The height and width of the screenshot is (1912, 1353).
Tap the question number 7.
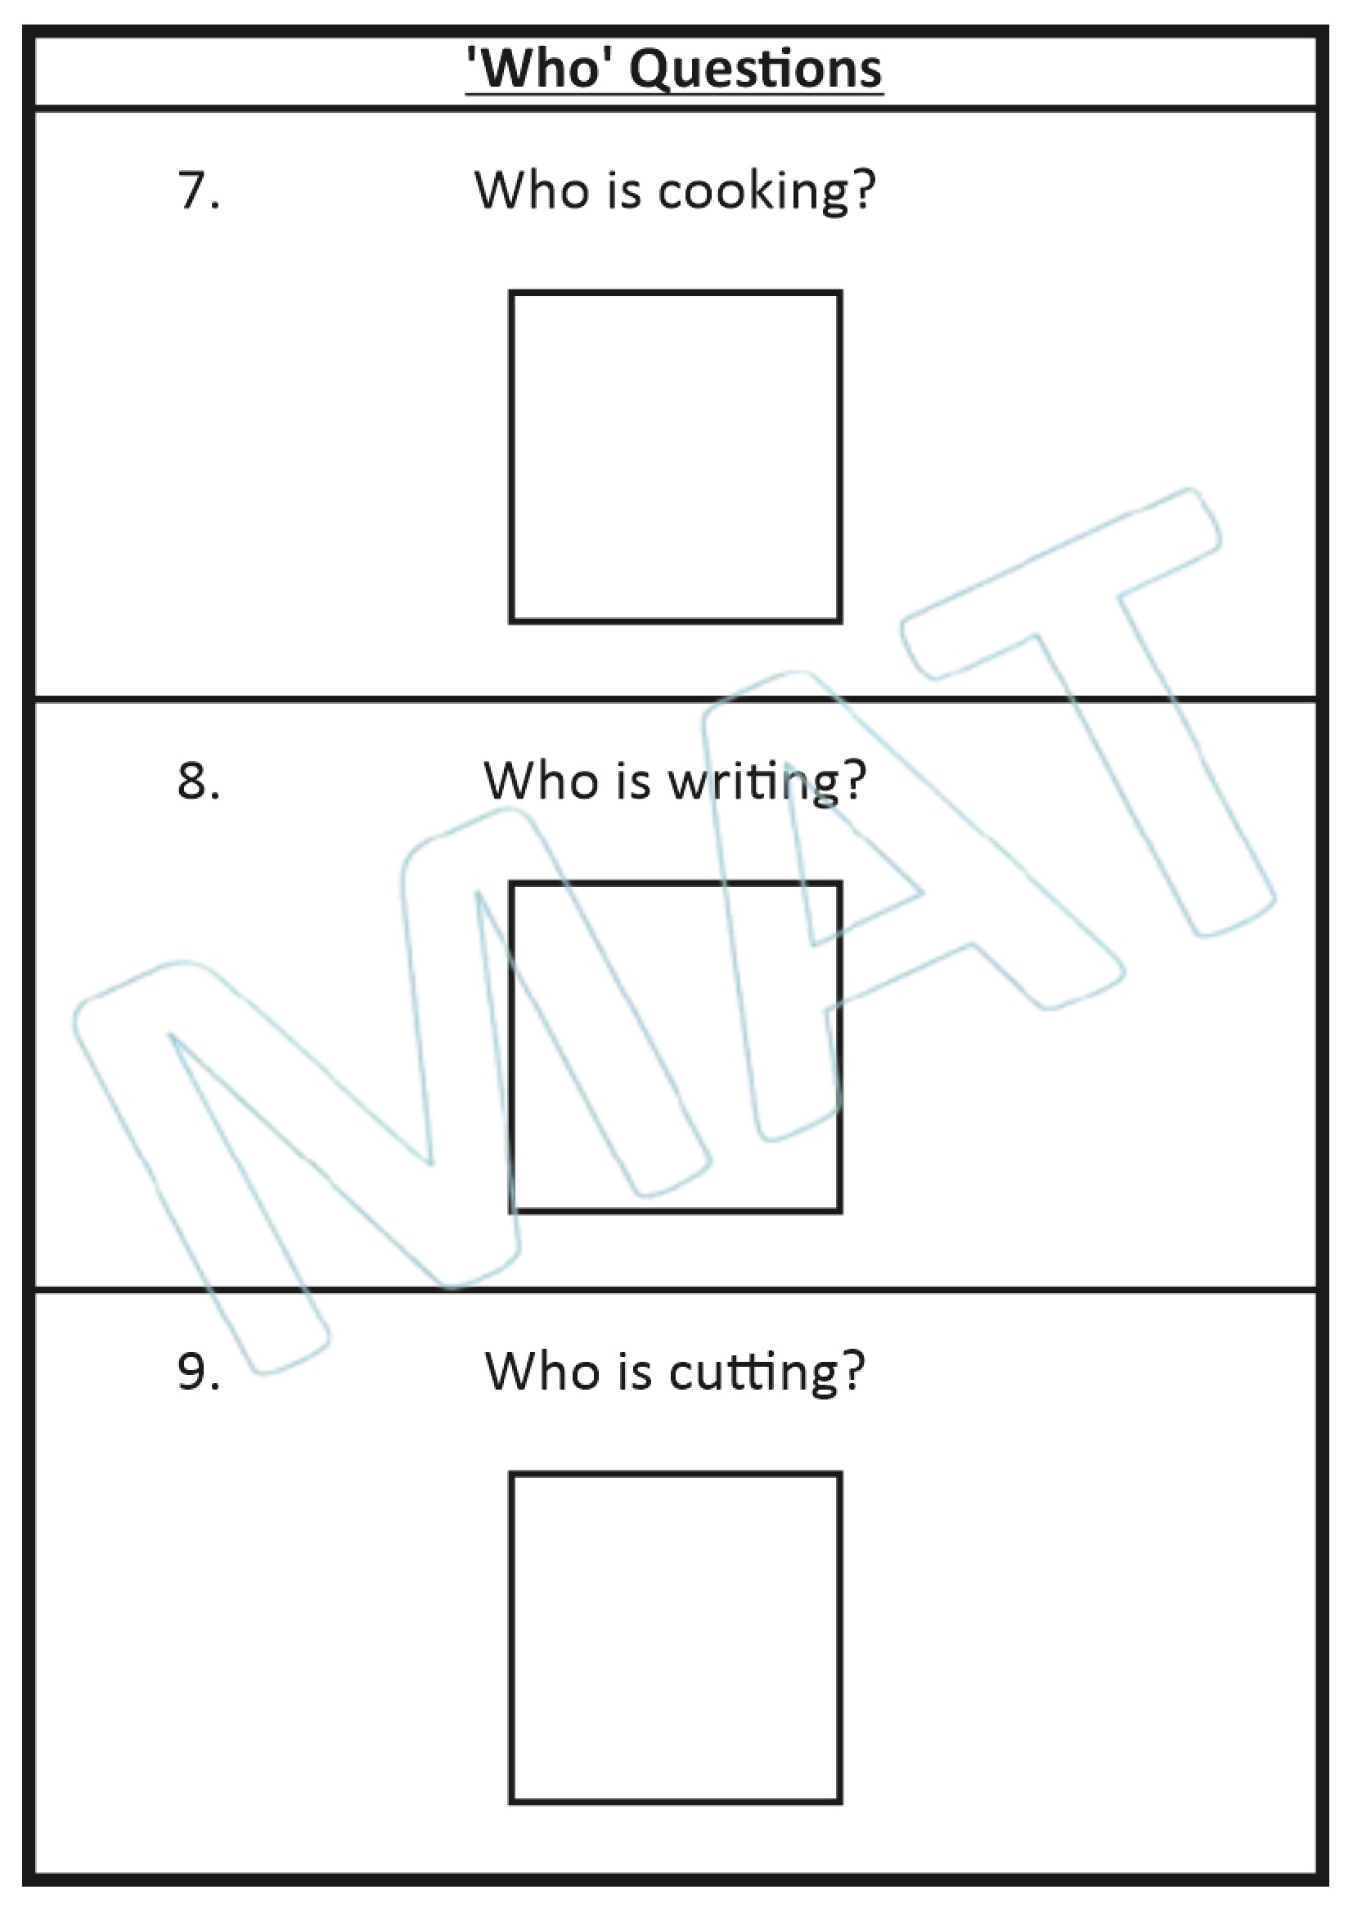pos(198,190)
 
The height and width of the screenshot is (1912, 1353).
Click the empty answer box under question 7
pos(675,456)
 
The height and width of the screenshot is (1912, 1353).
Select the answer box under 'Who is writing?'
pos(675,1047)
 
